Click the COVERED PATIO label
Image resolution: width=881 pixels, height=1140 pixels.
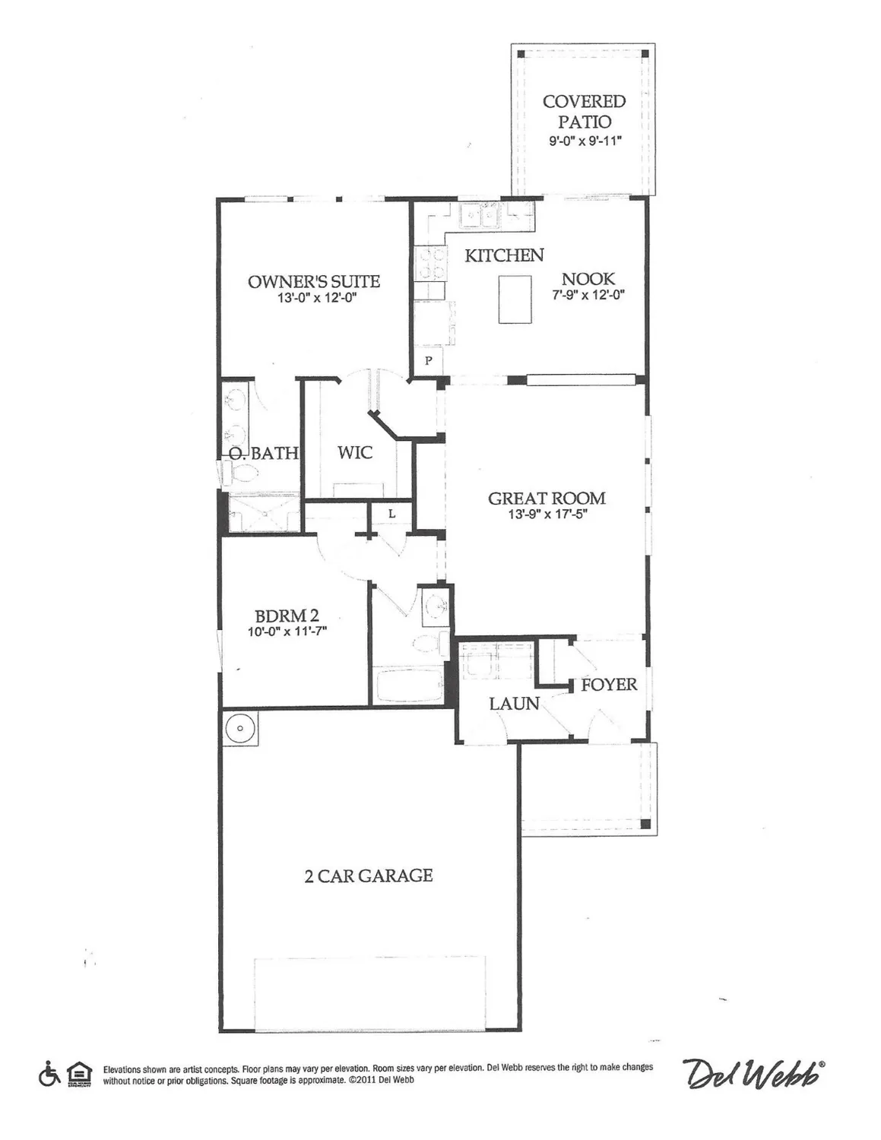[584, 111]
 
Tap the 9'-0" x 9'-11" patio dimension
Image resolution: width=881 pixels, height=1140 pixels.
[585, 141]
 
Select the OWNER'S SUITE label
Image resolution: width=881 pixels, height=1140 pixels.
[313, 281]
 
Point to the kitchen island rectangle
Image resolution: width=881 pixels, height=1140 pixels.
[515, 299]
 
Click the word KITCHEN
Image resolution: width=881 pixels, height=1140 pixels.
[504, 255]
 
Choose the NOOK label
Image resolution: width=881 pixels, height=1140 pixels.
[588, 279]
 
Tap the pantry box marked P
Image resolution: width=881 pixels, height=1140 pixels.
[428, 360]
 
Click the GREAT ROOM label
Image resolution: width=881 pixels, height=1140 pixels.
[547, 499]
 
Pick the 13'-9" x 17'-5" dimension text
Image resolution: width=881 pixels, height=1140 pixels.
[547, 515]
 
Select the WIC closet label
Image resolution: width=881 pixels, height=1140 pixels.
[355, 453]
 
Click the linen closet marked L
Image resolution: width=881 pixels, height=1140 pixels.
[391, 515]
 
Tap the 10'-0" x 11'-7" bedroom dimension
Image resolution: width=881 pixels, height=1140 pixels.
[287, 631]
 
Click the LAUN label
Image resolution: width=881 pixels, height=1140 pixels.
[514, 704]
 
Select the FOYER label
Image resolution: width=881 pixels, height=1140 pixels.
[609, 685]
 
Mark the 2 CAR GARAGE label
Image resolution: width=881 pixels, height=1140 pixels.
[369, 876]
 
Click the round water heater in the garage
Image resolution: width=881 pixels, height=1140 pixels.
[239, 728]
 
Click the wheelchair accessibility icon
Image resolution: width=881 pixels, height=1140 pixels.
[49, 1074]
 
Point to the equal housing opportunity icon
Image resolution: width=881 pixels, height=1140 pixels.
[78, 1074]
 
